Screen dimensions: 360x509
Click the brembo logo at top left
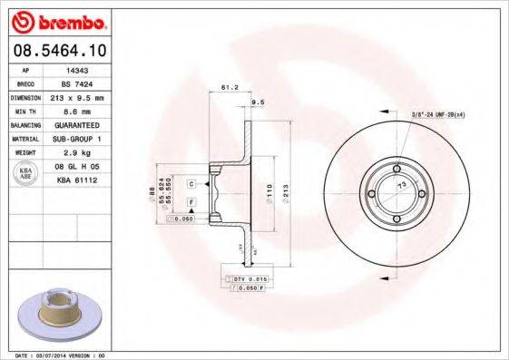(55, 21)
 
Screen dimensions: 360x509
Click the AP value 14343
(78, 69)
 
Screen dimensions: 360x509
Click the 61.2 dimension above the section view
(229, 89)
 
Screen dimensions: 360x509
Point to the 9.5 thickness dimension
(257, 102)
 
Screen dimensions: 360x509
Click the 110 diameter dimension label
(269, 190)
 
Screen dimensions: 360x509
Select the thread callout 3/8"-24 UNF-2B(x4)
(437, 114)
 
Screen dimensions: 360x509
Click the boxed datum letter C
(192, 183)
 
